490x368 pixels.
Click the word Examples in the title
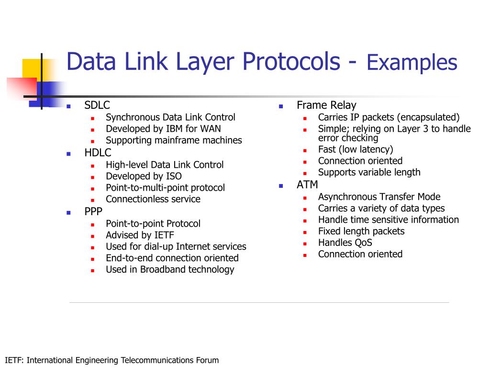[412, 63]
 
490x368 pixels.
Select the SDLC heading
[97, 105]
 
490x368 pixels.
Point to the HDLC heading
[98, 153]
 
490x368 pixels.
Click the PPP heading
[93, 212]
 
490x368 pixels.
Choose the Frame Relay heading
[326, 105]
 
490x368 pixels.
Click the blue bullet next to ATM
[281, 185]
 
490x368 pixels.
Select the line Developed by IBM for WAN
[163, 129]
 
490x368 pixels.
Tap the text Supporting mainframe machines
[174, 140]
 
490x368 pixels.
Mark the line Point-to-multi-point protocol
[165, 188]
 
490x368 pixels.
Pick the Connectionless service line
[153, 199]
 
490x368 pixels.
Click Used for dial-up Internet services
[176, 247]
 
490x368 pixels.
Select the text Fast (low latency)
[356, 149]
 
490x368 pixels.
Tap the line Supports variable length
[369, 172]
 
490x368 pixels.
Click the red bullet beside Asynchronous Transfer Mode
[305, 197]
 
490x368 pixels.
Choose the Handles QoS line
[345, 243]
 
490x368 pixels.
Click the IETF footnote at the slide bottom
[111, 360]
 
